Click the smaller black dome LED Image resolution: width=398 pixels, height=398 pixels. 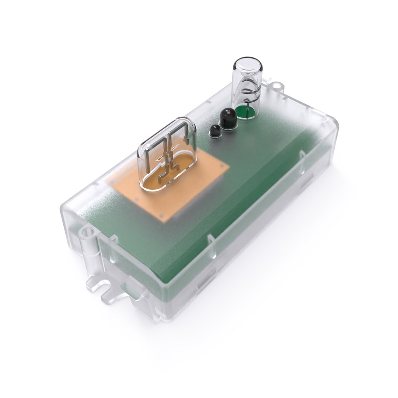215,130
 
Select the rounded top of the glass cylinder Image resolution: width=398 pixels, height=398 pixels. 248,64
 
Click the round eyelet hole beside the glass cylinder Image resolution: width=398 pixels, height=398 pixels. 277,86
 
